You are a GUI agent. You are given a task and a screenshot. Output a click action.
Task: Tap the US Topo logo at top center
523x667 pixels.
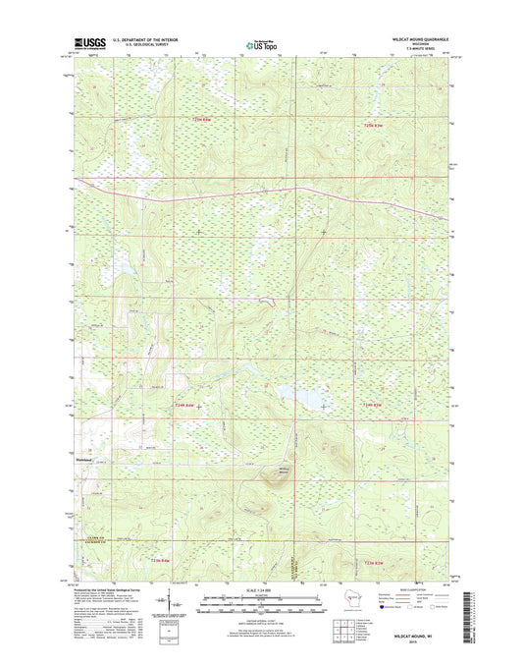260,43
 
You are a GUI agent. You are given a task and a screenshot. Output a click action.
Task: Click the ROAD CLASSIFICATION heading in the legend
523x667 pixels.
417,587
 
